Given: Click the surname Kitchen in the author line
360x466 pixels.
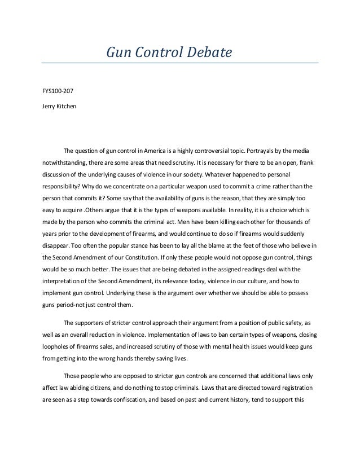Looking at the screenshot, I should (x=62, y=106).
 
